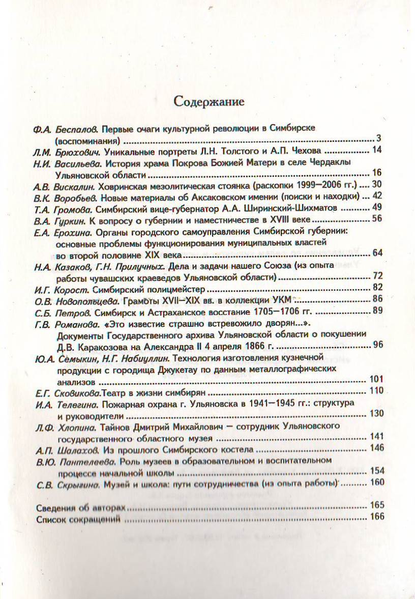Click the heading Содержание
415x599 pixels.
(209, 101)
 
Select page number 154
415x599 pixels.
(377, 471)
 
